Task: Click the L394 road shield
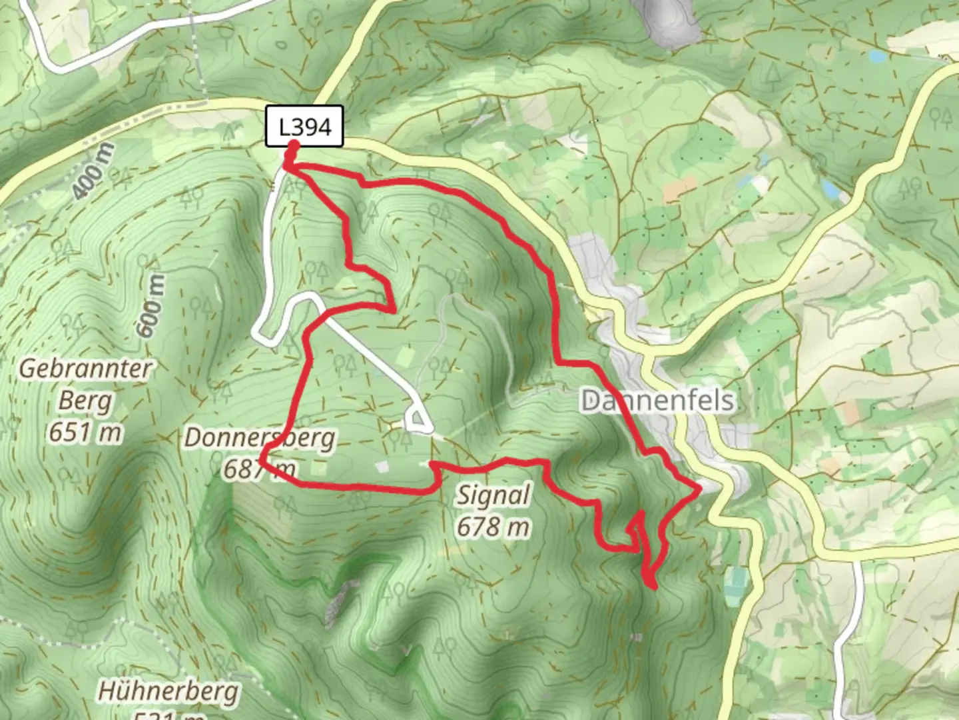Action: pos(304,126)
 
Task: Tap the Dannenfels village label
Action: pos(657,401)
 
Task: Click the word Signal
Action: pos(493,495)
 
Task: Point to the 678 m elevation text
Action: pos(493,527)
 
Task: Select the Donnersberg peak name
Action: pos(260,438)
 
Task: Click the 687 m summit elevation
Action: pos(259,469)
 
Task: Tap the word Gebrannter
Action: pos(85,369)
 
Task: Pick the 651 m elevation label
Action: pos(85,433)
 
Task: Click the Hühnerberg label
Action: pos(168,691)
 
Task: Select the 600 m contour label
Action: pos(151,306)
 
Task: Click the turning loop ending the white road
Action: pos(418,421)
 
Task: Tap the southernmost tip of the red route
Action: pos(653,587)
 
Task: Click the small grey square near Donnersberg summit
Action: pos(381,467)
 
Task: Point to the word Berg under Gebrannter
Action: pos(85,401)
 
